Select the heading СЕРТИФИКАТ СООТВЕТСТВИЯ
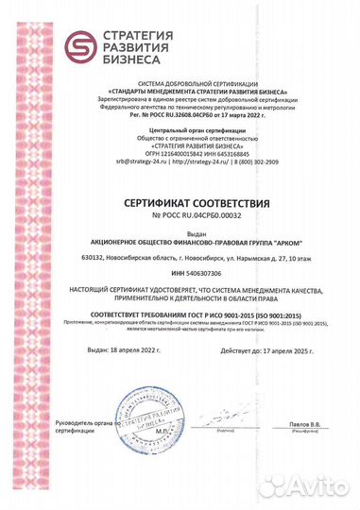[x=180, y=203]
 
